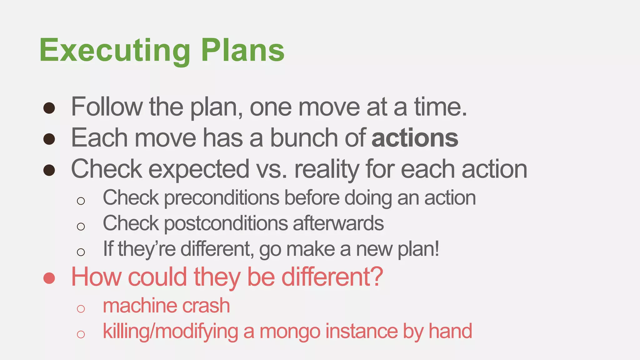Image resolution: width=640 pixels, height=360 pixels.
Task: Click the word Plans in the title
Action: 242,50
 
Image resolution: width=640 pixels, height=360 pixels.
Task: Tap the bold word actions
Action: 415,138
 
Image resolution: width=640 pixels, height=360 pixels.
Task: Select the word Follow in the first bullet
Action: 107,107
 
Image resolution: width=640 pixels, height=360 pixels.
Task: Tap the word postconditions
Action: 226,224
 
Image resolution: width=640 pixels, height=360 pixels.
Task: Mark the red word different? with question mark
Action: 332,277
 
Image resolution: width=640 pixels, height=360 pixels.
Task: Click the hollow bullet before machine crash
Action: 81,309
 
